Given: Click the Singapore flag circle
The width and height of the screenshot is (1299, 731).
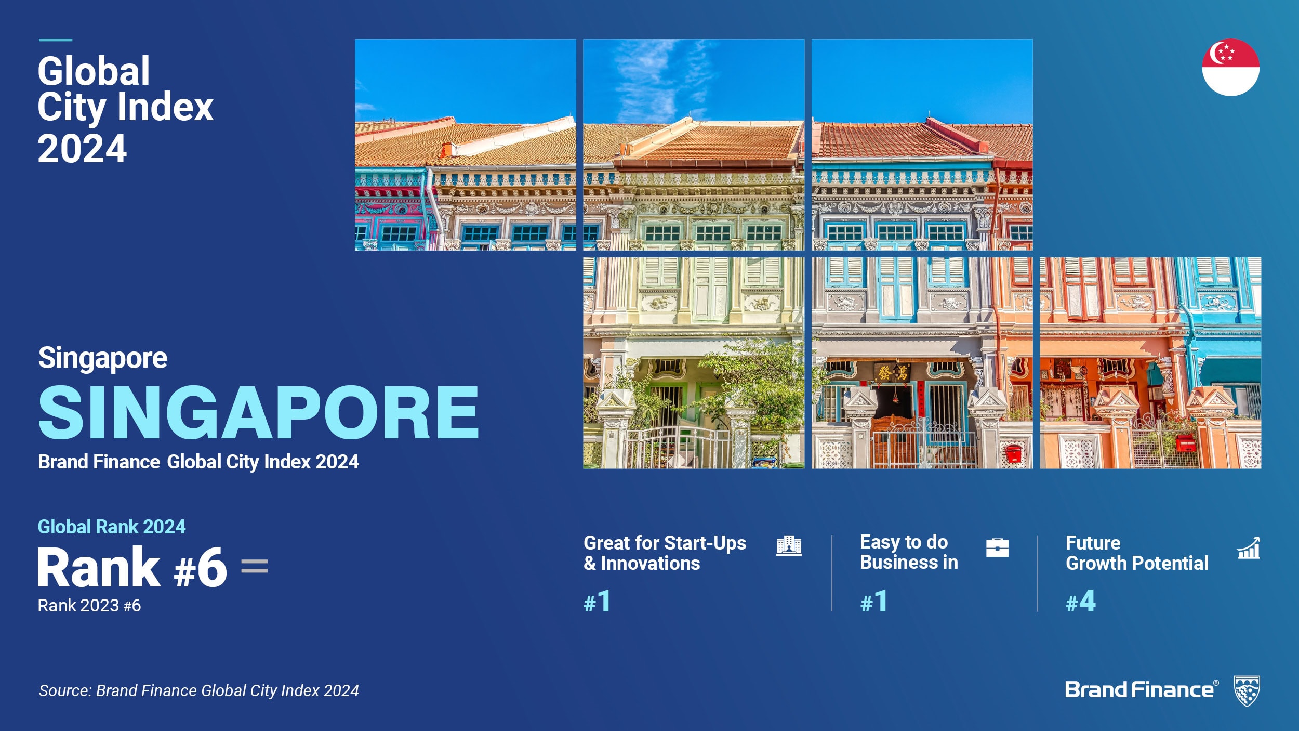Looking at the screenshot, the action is coord(1230,67).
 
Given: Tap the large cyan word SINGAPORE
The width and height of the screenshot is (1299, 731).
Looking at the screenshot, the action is coord(258,413).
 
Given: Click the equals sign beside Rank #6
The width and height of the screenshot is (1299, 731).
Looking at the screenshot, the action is coord(255,566).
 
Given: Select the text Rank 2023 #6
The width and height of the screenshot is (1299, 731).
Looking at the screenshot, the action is coord(89,606).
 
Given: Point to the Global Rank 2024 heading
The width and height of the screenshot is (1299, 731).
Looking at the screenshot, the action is coord(112,527).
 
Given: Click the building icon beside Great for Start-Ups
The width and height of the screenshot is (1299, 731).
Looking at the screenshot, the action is coord(789,545).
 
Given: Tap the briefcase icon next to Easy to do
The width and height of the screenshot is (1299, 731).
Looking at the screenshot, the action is coord(997,547).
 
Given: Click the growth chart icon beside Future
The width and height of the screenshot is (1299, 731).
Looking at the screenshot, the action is coord(1249,547).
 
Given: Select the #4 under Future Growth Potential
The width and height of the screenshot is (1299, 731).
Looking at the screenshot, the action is coord(1080,602).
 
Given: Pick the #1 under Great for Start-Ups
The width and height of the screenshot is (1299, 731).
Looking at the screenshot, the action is coord(597,602).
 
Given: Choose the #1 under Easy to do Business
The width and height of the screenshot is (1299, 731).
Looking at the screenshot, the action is coord(873,602).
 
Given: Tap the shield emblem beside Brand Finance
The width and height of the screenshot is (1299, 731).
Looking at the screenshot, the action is coord(1247,691).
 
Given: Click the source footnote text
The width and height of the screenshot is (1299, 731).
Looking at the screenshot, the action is coord(199,690).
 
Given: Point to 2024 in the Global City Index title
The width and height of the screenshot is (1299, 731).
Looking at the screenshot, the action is coord(82,149).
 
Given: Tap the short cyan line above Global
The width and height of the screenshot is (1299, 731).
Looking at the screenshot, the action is coord(56,40).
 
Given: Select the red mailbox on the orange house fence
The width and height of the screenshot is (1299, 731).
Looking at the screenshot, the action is coord(1186,443).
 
